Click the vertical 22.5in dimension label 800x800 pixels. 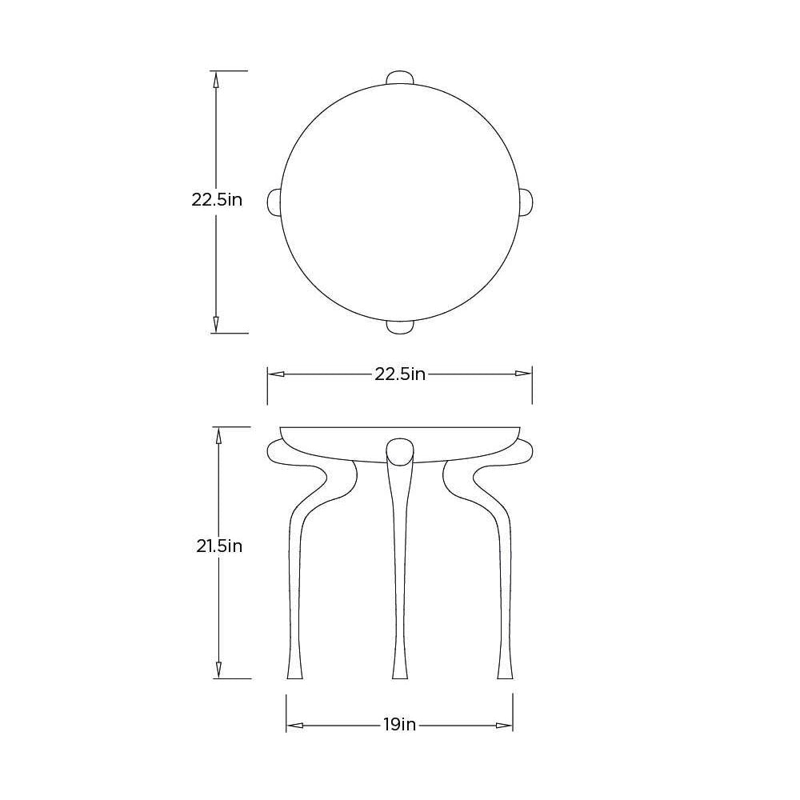pyautogui.click(x=217, y=199)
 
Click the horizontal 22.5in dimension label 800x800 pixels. pyautogui.click(x=400, y=374)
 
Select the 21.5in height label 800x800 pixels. pyautogui.click(x=219, y=546)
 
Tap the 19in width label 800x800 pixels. pyautogui.click(x=400, y=725)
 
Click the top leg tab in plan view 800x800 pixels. pyautogui.click(x=399, y=77)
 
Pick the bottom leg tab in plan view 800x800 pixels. pyautogui.click(x=399, y=327)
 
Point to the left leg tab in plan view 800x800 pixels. pyautogui.click(x=274, y=202)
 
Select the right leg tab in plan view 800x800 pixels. pyautogui.click(x=526, y=202)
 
